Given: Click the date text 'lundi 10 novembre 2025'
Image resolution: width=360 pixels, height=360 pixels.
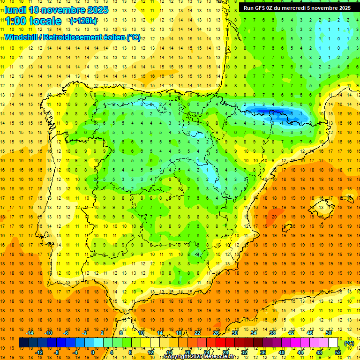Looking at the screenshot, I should (56, 10).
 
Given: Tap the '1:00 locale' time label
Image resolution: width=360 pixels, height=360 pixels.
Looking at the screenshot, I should (33, 21).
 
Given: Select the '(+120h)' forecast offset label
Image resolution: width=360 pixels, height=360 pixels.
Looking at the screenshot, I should (83, 21).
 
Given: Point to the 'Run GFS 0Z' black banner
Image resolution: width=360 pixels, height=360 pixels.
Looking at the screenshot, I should (297, 7).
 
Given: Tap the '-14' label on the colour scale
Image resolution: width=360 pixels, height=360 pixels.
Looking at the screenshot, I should (30, 332).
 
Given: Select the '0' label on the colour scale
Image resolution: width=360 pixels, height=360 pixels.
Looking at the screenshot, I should (92, 352).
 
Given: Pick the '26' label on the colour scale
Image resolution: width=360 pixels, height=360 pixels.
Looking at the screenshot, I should (216, 332).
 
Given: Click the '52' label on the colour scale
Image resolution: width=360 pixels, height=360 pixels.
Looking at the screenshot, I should (338, 352).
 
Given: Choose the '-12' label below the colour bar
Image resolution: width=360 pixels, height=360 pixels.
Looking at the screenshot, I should (39, 352).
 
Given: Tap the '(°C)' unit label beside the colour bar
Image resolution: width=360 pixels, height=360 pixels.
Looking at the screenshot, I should (349, 343).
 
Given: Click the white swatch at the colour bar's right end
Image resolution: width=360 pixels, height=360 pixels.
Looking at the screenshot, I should (333, 343).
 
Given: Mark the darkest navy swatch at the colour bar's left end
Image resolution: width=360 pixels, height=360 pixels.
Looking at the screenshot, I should (23, 343).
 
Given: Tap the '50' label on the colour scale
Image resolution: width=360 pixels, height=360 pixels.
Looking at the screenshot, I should (329, 332).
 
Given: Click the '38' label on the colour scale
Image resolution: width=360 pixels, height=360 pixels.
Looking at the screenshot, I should (272, 332).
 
